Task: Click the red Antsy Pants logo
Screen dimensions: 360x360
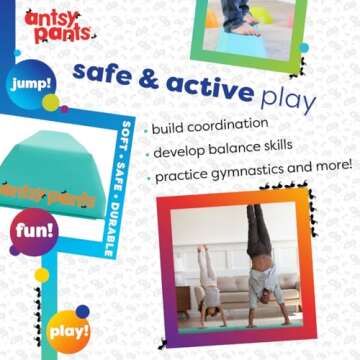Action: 59,26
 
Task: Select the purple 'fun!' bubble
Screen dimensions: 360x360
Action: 34,232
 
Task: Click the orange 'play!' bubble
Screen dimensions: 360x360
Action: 69,331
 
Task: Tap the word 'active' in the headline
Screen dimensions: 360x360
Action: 211,87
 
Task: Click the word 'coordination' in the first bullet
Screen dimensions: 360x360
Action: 228,125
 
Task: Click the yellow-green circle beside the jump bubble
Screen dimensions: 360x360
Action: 51,102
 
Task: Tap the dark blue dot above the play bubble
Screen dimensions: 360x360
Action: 82,311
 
